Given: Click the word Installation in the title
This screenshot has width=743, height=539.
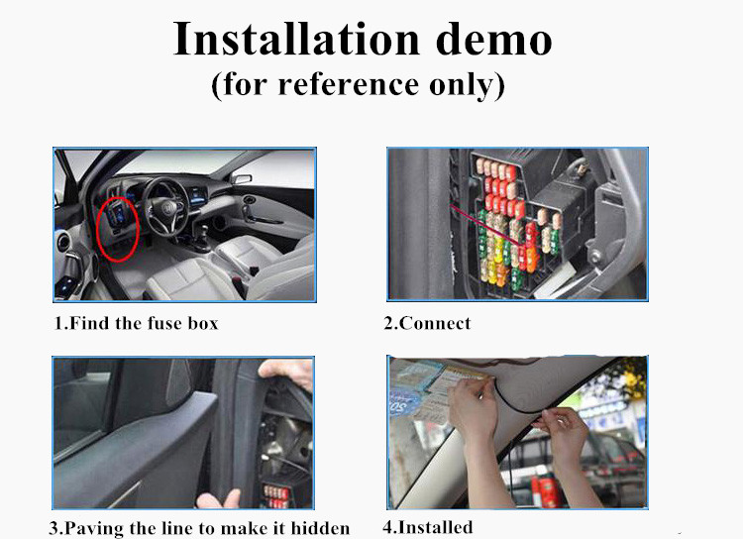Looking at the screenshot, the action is [296, 39].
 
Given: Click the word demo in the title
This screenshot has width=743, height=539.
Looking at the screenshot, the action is [493, 39].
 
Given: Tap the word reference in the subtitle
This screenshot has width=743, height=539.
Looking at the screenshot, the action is [349, 84].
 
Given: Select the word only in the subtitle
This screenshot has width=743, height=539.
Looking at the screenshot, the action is [462, 85].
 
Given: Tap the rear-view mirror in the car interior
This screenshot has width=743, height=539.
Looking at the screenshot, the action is [241, 178].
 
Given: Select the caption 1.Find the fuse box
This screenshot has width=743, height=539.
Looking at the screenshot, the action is [136, 323].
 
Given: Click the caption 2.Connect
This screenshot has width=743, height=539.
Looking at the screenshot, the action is [427, 323].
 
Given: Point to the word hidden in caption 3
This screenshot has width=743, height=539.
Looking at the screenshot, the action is [320, 528].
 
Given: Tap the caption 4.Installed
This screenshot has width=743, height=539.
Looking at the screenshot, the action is [428, 527].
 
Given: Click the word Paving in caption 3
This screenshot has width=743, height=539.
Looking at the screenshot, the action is [95, 528].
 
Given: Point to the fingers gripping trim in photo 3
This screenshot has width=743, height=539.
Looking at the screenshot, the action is [287, 371].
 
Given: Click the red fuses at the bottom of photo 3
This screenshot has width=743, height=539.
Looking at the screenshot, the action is [275, 496].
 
